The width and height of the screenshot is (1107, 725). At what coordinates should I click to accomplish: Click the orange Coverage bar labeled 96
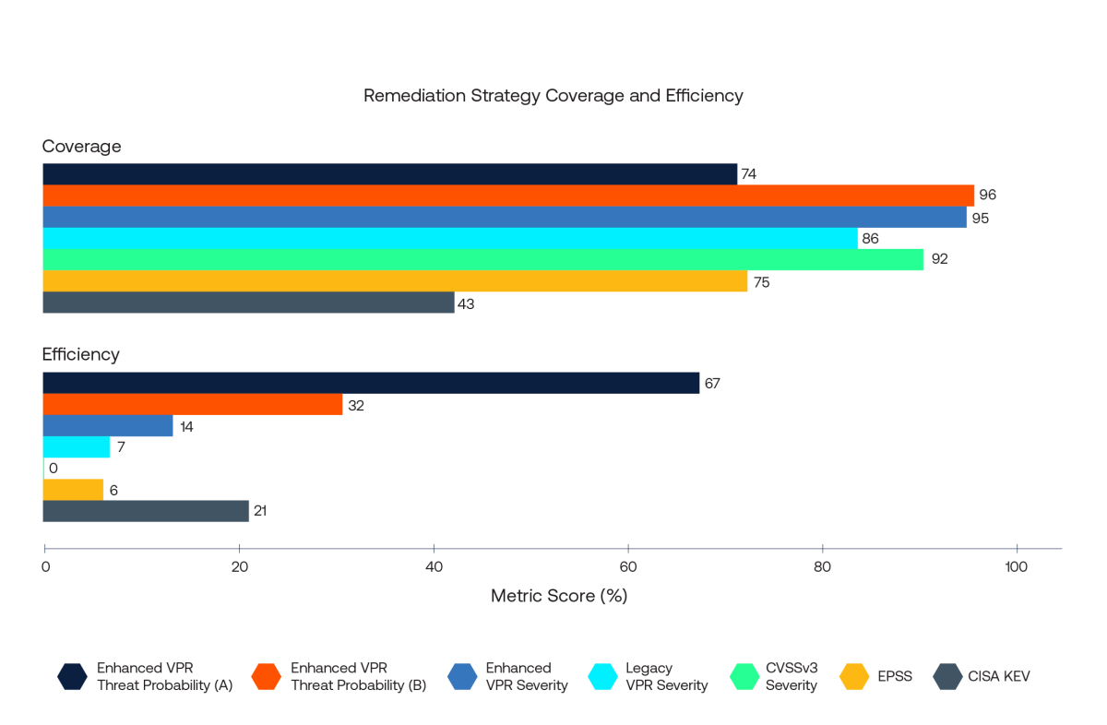(508, 196)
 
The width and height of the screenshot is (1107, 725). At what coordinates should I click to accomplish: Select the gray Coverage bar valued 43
(248, 303)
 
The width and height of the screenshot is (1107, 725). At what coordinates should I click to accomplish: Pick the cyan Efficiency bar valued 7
(77, 447)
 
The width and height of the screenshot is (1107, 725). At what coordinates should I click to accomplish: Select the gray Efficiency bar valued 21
(146, 511)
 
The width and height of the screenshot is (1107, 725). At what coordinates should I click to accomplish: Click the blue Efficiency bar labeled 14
(108, 426)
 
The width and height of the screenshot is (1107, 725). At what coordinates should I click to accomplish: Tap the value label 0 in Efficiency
(54, 469)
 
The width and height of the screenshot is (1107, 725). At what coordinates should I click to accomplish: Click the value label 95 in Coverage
(981, 218)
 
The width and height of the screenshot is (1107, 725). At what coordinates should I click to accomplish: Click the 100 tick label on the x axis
(1017, 566)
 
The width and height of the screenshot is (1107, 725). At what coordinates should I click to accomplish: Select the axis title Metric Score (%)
(559, 596)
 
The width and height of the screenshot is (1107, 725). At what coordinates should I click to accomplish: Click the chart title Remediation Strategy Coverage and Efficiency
(553, 96)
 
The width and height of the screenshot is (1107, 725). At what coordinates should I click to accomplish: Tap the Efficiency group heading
(81, 354)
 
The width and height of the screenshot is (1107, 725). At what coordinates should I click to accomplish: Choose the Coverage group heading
(81, 146)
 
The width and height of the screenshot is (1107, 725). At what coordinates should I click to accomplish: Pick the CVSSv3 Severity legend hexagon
(743, 676)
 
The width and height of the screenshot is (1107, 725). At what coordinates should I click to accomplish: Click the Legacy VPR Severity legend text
(666, 676)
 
